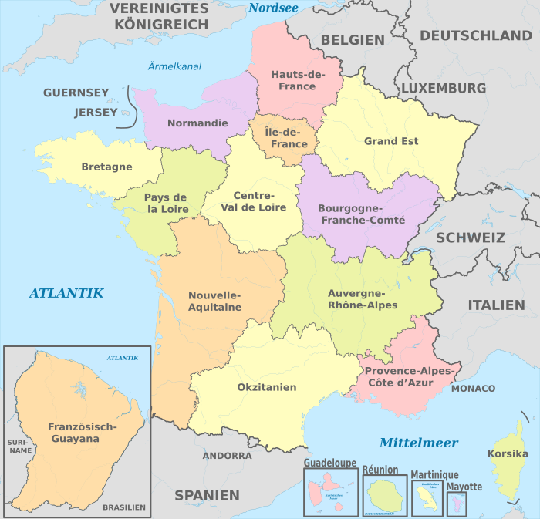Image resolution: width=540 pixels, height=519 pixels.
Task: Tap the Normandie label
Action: (x=197, y=123)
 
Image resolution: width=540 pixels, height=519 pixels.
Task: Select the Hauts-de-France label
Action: (x=293, y=80)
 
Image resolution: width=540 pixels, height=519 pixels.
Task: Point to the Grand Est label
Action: (x=391, y=141)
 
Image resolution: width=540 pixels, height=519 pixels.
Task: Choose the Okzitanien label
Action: (x=267, y=387)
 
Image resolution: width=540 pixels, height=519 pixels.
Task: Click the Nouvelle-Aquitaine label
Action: (x=215, y=302)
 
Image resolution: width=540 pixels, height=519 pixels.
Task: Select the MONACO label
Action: (x=473, y=388)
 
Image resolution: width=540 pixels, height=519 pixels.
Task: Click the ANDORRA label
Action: (x=227, y=456)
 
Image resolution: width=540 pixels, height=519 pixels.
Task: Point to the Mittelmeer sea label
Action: (x=418, y=443)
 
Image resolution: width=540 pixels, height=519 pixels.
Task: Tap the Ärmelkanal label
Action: (x=174, y=66)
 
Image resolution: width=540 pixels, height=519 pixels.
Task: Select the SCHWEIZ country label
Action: (x=471, y=238)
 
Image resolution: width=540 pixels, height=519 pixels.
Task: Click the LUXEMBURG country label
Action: (x=444, y=88)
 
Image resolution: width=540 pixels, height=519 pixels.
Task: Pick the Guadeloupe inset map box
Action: (x=331, y=491)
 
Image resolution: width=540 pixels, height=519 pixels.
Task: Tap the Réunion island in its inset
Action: (x=383, y=494)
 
